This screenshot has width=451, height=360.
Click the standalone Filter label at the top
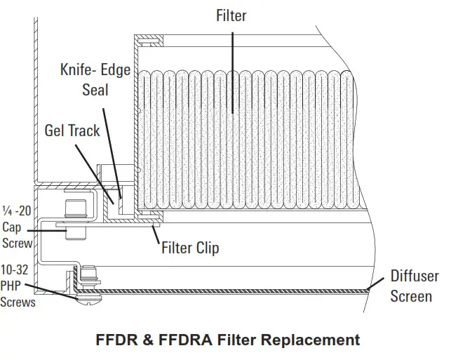point(231,15)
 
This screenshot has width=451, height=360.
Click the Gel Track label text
point(72,131)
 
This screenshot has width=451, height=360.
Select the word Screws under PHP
point(18,302)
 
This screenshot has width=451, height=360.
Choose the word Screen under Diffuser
point(412,296)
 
